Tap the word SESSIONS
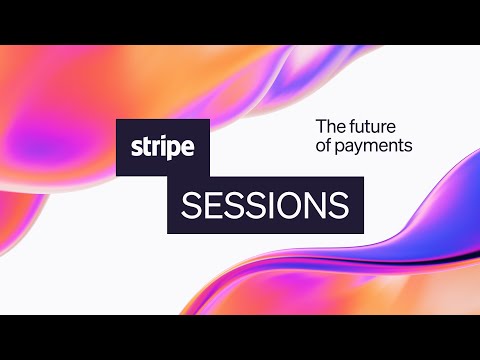click(265, 206)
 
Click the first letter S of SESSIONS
click(191, 206)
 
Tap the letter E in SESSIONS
click(212, 206)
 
